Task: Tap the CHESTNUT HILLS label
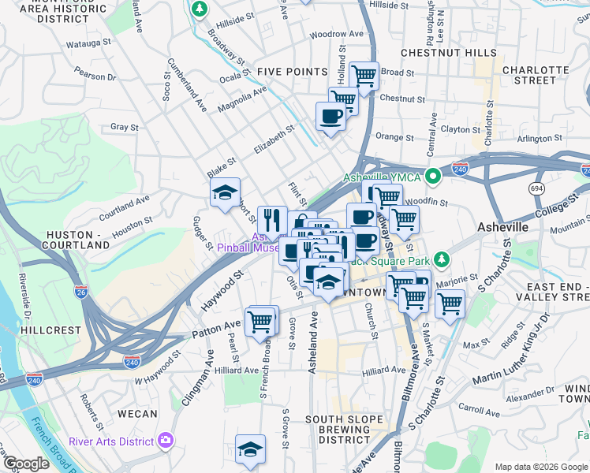(x=449, y=52)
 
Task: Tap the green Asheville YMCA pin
(x=432, y=177)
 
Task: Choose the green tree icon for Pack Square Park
(x=442, y=259)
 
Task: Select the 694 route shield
(x=537, y=188)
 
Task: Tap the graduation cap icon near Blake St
(x=225, y=192)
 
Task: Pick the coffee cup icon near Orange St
(x=330, y=116)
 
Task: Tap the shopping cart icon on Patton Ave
(x=260, y=321)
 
